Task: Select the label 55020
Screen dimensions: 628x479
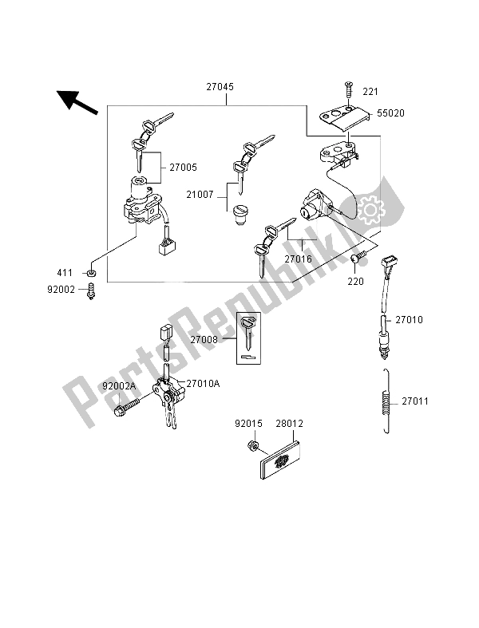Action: click(390, 113)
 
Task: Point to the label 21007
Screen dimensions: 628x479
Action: click(199, 194)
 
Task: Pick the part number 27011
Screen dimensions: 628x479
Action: click(415, 401)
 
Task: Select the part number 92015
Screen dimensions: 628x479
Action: click(247, 425)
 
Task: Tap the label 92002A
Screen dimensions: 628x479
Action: click(120, 386)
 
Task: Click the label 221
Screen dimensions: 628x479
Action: click(372, 90)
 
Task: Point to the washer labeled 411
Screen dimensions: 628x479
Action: click(93, 274)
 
